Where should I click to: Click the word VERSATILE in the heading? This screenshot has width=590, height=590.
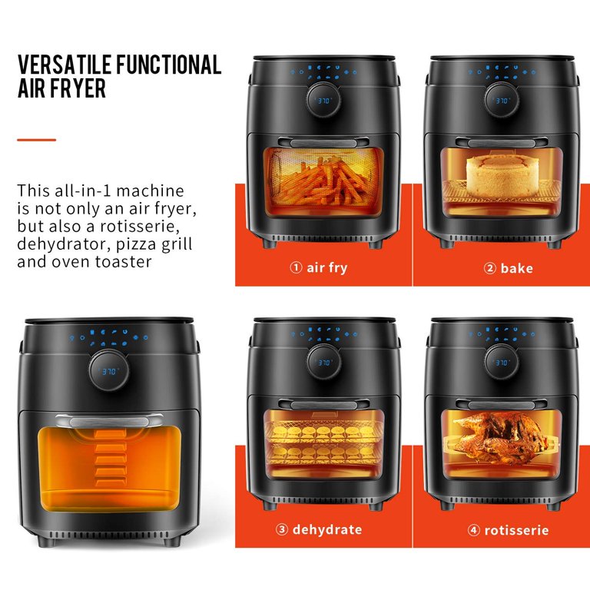pos(65,65)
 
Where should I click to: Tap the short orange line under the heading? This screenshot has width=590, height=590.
pos(37,140)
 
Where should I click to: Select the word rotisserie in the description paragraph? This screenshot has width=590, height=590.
pos(140,226)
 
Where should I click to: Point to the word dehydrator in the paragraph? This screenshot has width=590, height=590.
pos(64,244)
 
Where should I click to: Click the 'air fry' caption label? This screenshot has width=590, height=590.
pos(327,268)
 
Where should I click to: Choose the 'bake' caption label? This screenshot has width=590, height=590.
pos(516,268)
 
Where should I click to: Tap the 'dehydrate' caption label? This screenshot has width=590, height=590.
pos(327,529)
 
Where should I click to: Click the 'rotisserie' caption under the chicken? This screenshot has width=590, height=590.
pos(516,530)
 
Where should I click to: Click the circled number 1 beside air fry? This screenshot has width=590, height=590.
pos(296,267)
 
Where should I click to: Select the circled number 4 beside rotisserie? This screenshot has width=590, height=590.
pos(474,530)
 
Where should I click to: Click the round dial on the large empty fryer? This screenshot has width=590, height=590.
pos(109,370)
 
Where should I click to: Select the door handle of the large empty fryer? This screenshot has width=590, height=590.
pos(110,421)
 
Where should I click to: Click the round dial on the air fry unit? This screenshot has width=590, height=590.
pos(323,100)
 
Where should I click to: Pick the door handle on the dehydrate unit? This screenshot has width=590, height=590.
pos(323,405)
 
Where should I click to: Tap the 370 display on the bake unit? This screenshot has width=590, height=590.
pos(502,101)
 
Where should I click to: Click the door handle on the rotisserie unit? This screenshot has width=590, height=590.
pos(502,405)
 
